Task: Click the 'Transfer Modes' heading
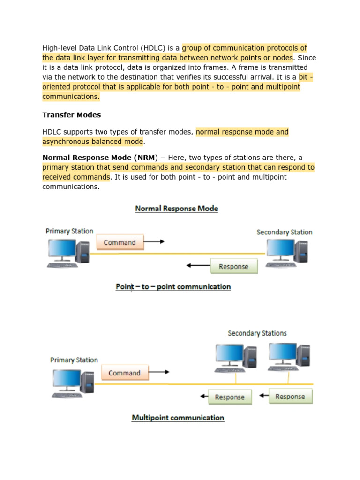pyautogui.click(x=71, y=115)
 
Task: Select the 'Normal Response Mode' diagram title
pyautogui.click(x=177, y=209)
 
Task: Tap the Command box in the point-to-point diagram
pyautogui.click(x=120, y=242)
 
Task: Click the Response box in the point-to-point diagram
pyautogui.click(x=233, y=266)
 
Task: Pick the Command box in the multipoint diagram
pyautogui.click(x=124, y=373)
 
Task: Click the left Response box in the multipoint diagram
pyautogui.click(x=229, y=397)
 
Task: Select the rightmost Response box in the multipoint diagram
pyautogui.click(x=290, y=397)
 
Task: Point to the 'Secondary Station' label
pyautogui.click(x=284, y=232)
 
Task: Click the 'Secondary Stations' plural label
pyautogui.click(x=257, y=333)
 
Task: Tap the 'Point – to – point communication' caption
pyautogui.click(x=173, y=286)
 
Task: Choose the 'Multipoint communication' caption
pyautogui.click(x=178, y=418)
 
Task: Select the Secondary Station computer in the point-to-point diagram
pyautogui.click(x=286, y=253)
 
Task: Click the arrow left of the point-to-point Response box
pyautogui.click(x=197, y=266)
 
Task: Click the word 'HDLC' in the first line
pyautogui.click(x=161, y=48)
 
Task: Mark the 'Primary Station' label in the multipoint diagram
pyautogui.click(x=74, y=360)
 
